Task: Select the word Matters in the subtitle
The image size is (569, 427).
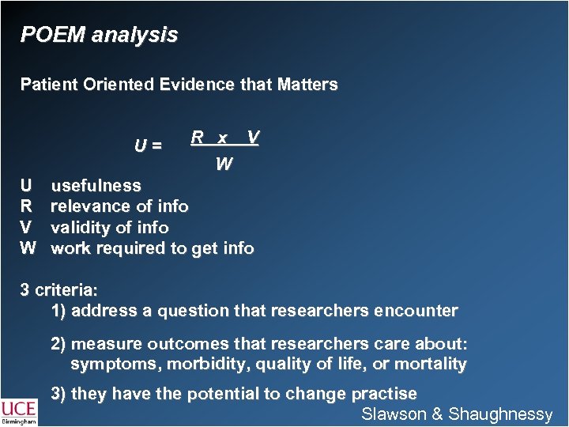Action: coord(308,84)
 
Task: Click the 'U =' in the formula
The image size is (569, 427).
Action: coord(149,145)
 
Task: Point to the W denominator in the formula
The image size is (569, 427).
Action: coord(224,164)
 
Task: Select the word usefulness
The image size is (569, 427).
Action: coord(96,186)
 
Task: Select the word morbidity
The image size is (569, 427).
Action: coord(200,365)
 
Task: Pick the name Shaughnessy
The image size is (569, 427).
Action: coord(500,414)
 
